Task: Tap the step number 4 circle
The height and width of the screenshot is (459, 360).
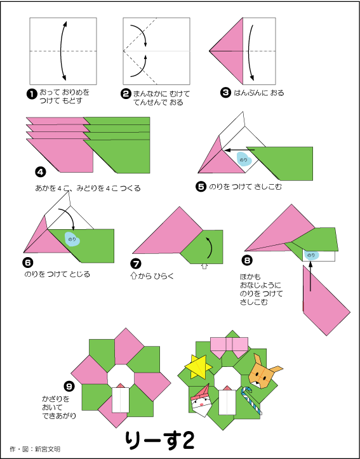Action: pyautogui.click(x=40, y=171)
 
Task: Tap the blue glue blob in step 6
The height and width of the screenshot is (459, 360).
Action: pyautogui.click(x=73, y=238)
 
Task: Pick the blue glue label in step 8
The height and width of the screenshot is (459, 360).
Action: pyautogui.click(x=310, y=255)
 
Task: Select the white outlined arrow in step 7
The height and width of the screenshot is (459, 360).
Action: pyautogui.click(x=204, y=267)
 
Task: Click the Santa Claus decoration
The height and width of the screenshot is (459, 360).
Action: pyautogui.click(x=202, y=401)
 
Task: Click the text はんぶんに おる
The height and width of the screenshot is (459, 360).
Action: pyautogui.click(x=258, y=93)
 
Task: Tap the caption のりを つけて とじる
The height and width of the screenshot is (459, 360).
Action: pyautogui.click(x=57, y=274)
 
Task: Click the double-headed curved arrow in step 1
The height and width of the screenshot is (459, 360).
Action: pyautogui.click(x=62, y=49)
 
